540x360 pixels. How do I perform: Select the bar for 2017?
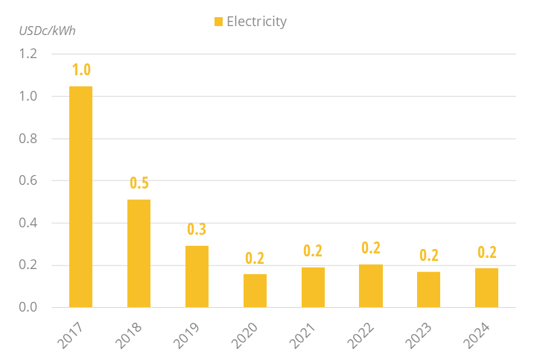coord(80,197)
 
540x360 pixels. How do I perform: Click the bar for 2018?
coord(139,253)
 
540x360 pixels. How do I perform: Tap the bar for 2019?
coord(197,277)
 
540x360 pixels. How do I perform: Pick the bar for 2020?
coord(255,291)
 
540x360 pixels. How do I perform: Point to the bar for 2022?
coord(371,286)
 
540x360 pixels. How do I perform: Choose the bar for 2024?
coord(486,288)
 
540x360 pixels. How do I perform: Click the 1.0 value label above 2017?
coord(81,70)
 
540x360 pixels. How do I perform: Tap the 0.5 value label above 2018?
coord(139,183)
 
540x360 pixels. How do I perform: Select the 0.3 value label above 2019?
coord(197,230)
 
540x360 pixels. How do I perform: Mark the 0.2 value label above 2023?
coord(428,255)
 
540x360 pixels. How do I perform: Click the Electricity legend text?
coord(256,22)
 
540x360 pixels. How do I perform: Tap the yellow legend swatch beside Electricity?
coord(218,22)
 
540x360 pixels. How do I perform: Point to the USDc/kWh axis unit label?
coord(47,31)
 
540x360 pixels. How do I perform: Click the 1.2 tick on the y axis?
coord(28,54)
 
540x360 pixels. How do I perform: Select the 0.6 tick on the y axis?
coord(28,181)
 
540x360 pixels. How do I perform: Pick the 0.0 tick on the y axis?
coord(28,308)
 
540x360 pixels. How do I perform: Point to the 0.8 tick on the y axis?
coord(28,139)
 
